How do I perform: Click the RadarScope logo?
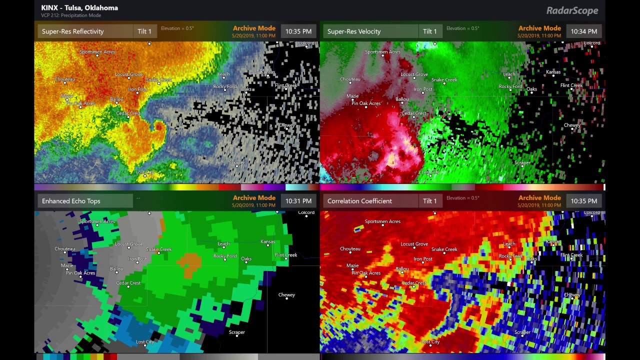click(x=572, y=10)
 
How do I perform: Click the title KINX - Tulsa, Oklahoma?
click(x=79, y=7)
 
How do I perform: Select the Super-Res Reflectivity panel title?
click(x=73, y=31)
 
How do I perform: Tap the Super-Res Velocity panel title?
click(x=354, y=31)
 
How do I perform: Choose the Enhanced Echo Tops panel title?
click(x=71, y=201)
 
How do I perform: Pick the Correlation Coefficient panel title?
click(x=359, y=201)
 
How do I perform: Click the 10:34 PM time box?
click(x=584, y=31)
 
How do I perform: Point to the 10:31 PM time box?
click(x=298, y=201)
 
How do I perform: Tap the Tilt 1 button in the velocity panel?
click(x=430, y=31)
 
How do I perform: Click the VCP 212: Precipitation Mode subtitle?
click(x=71, y=15)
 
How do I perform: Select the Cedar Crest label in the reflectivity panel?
click(x=128, y=113)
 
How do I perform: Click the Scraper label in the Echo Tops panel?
click(x=237, y=332)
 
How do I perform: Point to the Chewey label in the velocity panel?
click(x=572, y=125)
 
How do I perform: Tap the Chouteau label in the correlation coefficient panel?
click(x=350, y=249)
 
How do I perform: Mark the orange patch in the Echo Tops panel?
click(x=188, y=264)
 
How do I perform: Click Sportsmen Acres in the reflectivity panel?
click(x=97, y=52)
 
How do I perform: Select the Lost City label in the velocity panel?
click(x=430, y=172)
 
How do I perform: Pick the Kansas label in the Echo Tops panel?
click(x=268, y=241)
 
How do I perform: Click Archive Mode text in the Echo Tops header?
click(x=254, y=198)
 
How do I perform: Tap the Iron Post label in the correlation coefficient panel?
click(x=423, y=259)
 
